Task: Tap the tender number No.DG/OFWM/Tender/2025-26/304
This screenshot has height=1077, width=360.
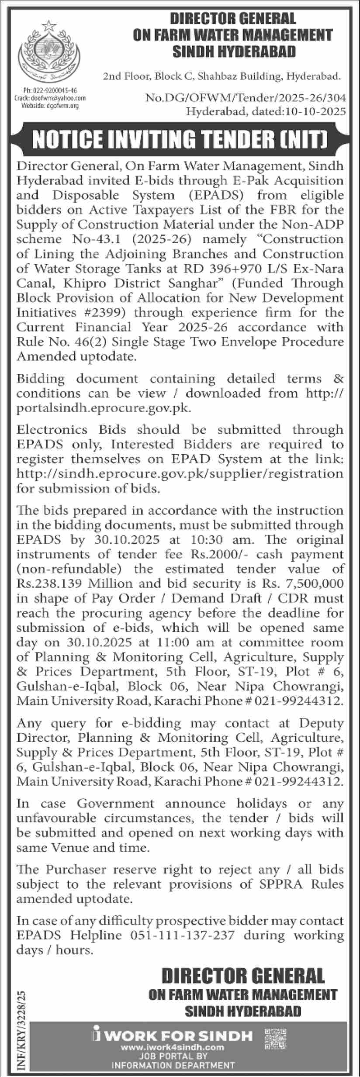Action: click(x=245, y=100)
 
